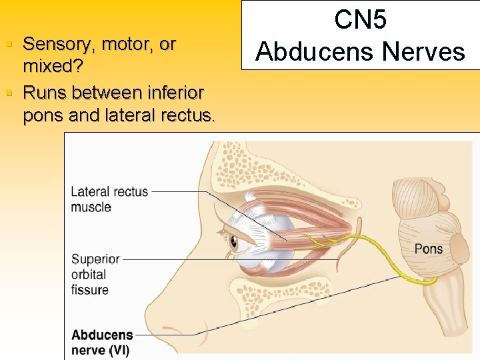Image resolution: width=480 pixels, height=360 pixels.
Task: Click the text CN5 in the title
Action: pos(360,20)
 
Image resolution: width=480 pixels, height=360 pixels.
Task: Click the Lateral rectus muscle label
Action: pos(109,199)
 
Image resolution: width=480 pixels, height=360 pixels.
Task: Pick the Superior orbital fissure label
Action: pos(95,274)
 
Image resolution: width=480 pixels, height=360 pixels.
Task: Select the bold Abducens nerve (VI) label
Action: pos(101,342)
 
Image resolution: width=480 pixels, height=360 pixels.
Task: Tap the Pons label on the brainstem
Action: pos(428,249)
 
